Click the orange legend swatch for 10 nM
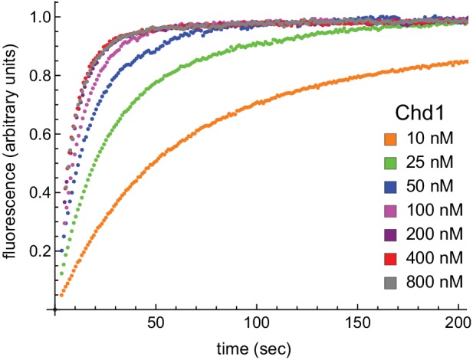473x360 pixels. click(391, 139)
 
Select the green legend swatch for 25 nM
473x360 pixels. click(391, 163)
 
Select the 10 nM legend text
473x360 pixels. click(429, 139)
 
